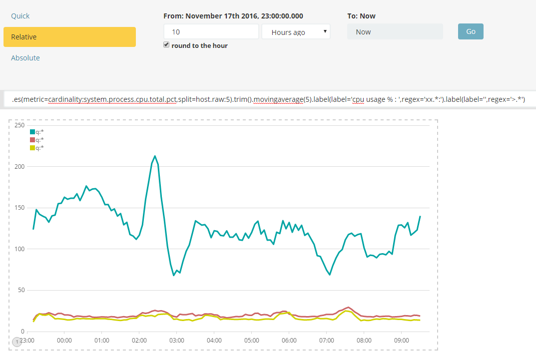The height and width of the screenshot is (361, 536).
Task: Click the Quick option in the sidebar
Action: (20, 16)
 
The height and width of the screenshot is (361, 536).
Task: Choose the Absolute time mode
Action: (25, 58)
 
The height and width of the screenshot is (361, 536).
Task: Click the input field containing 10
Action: (211, 32)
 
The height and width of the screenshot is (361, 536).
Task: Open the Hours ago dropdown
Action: (296, 32)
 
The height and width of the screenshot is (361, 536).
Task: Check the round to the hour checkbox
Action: (167, 45)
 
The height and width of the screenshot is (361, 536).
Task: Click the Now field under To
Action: (395, 32)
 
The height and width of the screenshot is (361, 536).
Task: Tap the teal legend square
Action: (32, 132)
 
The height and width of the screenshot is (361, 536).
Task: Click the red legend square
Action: (32, 140)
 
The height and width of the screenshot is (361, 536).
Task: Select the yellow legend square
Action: (32, 148)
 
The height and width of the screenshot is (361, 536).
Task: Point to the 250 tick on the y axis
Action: (20, 125)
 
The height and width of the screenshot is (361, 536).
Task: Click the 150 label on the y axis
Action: (20, 208)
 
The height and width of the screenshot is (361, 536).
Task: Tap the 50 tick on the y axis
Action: (21, 290)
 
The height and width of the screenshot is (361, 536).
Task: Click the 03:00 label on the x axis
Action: (177, 341)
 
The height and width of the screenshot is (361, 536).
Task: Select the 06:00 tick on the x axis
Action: (289, 341)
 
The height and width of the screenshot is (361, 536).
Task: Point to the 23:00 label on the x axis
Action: (27, 341)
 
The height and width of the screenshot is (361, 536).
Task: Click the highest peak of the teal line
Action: (155, 156)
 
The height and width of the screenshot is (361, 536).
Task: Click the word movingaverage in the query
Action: (278, 100)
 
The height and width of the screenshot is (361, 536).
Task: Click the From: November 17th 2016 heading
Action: (233, 16)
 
